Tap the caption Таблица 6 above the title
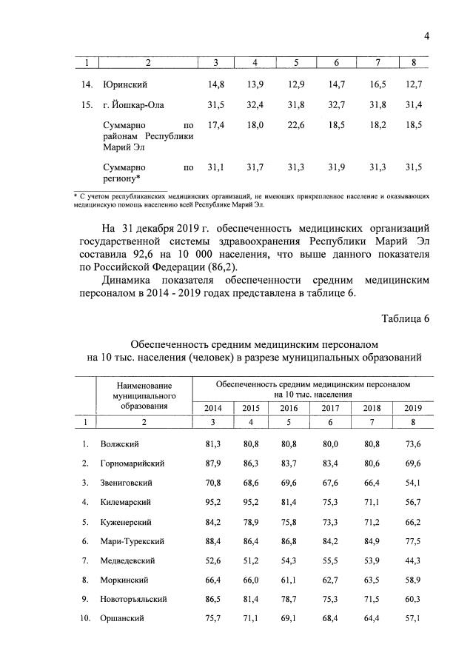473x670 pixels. (x=405, y=319)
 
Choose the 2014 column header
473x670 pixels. (x=213, y=408)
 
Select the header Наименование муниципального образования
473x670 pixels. (x=144, y=395)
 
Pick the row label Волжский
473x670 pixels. (x=121, y=444)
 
